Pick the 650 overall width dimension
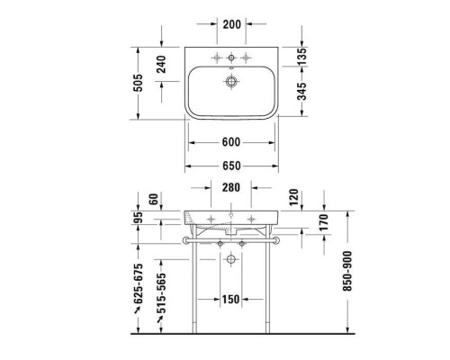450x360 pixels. point(231,167)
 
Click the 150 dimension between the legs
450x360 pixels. point(231,300)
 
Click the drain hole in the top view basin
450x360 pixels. point(231,80)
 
